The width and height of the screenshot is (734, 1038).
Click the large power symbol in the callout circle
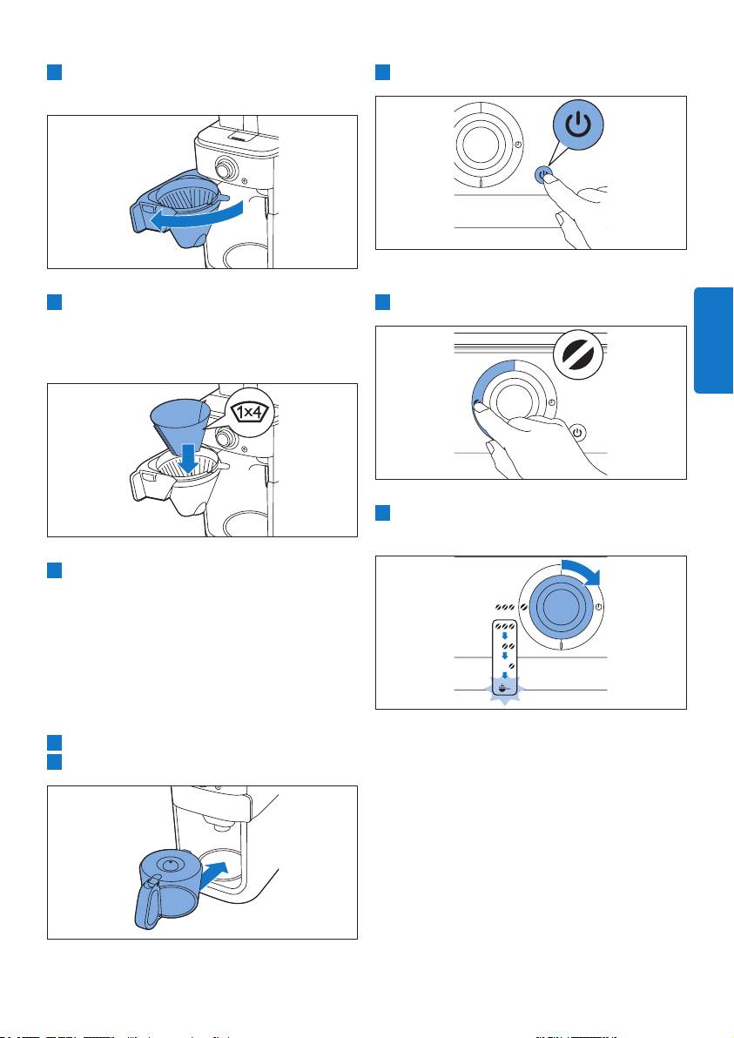point(579,125)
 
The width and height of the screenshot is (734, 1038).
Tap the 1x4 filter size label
point(250,413)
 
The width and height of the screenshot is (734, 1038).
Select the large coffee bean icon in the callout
point(578,354)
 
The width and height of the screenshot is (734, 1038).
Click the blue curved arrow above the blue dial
point(583,570)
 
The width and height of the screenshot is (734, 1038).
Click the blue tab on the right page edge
point(713,340)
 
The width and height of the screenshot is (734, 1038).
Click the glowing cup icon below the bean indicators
point(505,688)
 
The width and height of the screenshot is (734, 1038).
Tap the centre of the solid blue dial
point(561,607)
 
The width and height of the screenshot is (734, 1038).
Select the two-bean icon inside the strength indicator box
point(508,645)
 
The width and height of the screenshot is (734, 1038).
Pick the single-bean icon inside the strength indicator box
point(511,664)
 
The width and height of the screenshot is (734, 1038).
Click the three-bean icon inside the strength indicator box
point(504,626)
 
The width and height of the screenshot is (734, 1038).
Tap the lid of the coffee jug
point(172,864)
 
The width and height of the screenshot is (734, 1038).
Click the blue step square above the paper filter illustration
point(54,302)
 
